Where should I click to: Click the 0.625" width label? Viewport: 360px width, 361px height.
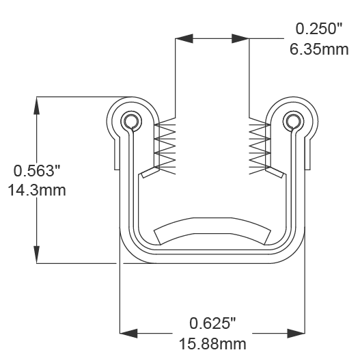[212, 322]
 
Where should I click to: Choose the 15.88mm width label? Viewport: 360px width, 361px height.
[212, 342]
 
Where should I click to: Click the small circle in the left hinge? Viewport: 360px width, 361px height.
[129, 121]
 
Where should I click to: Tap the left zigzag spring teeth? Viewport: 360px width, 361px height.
[167, 146]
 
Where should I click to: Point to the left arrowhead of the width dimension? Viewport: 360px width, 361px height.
[128, 333]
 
